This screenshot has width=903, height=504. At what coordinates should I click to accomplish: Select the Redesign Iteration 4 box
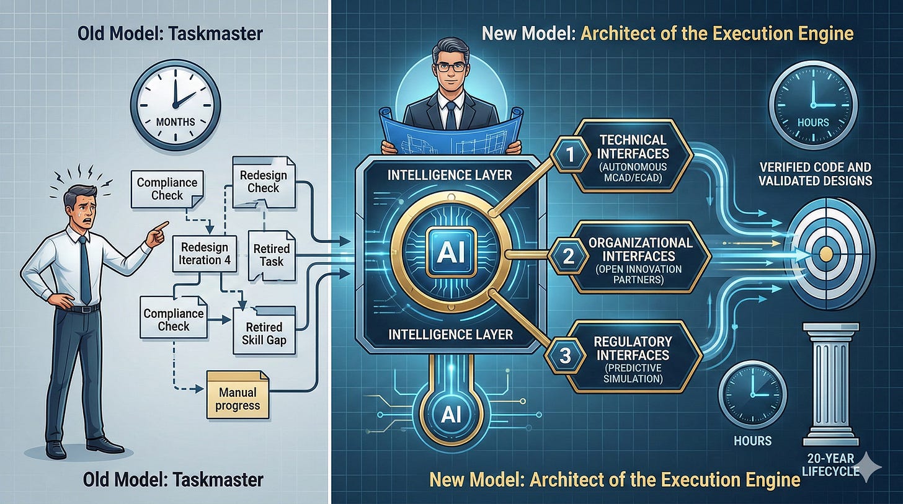[x=204, y=251]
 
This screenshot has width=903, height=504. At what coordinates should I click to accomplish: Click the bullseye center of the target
[x=825, y=253]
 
